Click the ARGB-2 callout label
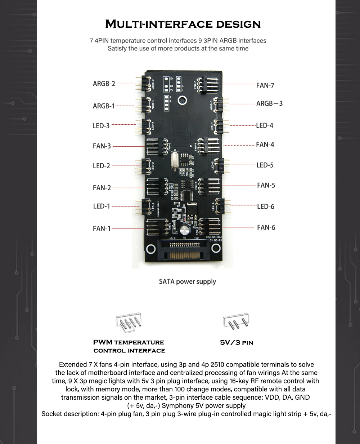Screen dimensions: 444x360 point(104,84)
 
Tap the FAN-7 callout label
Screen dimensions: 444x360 point(265,85)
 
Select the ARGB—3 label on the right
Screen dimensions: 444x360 point(269,103)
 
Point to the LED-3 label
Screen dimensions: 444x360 point(101,126)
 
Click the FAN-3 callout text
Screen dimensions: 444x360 point(102,146)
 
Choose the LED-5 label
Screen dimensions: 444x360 point(265,165)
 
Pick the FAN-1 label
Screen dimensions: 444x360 point(102,228)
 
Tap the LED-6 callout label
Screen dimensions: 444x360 point(266,207)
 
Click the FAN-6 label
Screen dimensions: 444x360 point(266,227)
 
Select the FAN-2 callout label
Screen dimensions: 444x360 point(102,188)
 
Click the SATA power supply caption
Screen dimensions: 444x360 point(188,281)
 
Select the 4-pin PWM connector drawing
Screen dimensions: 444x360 point(129,322)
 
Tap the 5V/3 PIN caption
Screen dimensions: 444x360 point(237,343)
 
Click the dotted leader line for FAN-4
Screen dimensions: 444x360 point(240,145)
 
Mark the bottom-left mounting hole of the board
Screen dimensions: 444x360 point(151,249)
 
